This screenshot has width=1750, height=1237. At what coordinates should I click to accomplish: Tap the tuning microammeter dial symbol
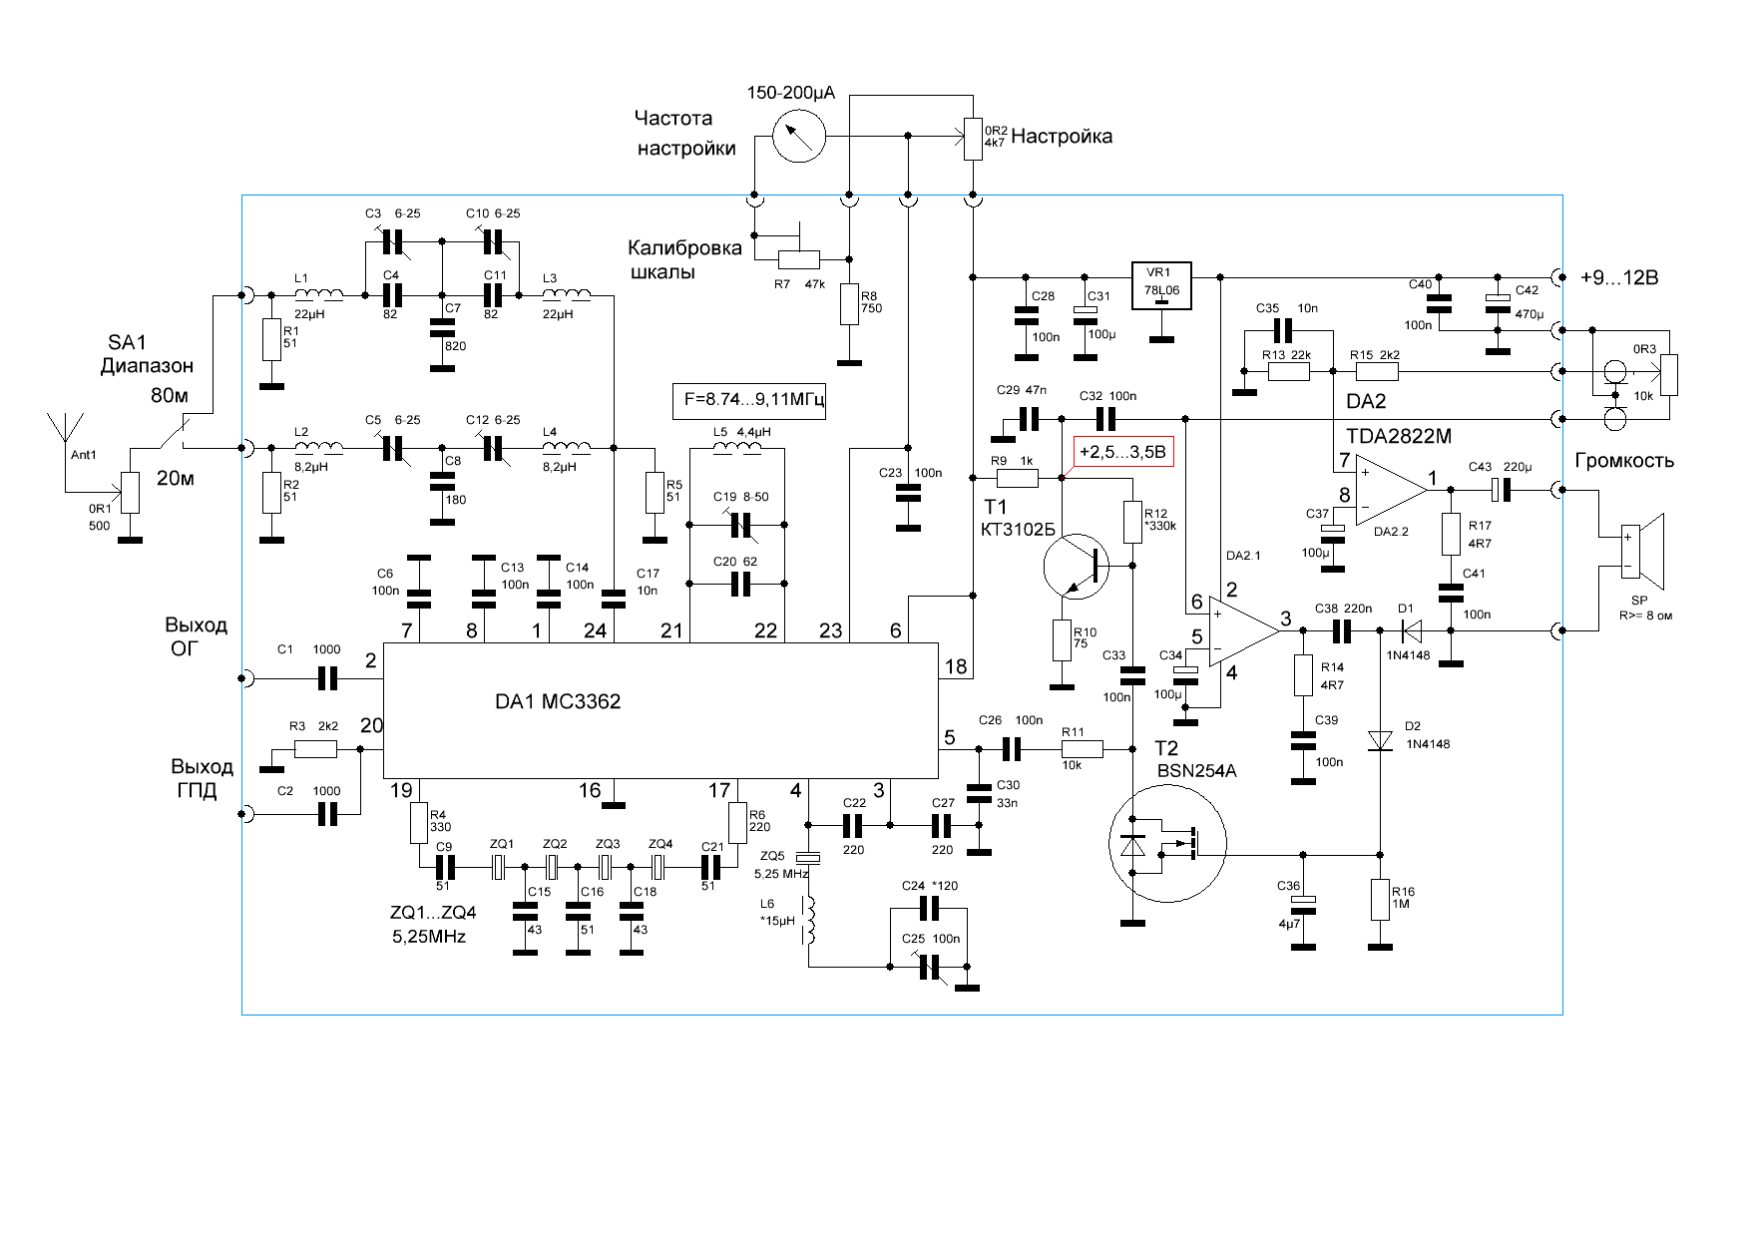[800, 136]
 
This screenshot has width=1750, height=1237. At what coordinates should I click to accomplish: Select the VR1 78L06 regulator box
[1162, 285]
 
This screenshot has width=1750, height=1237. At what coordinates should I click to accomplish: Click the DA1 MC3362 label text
[558, 701]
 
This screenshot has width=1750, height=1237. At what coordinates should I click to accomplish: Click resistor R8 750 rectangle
[849, 304]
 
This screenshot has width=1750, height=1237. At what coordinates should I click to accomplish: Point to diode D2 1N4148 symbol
[1381, 740]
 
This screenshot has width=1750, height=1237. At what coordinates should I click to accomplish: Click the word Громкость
[1624, 461]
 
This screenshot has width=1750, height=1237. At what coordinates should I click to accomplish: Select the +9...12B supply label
[1619, 277]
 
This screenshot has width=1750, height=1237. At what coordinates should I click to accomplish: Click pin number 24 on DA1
[596, 630]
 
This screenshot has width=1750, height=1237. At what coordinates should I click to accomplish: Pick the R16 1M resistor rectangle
[1381, 900]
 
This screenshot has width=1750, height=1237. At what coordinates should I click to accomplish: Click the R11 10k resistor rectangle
[1082, 749]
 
